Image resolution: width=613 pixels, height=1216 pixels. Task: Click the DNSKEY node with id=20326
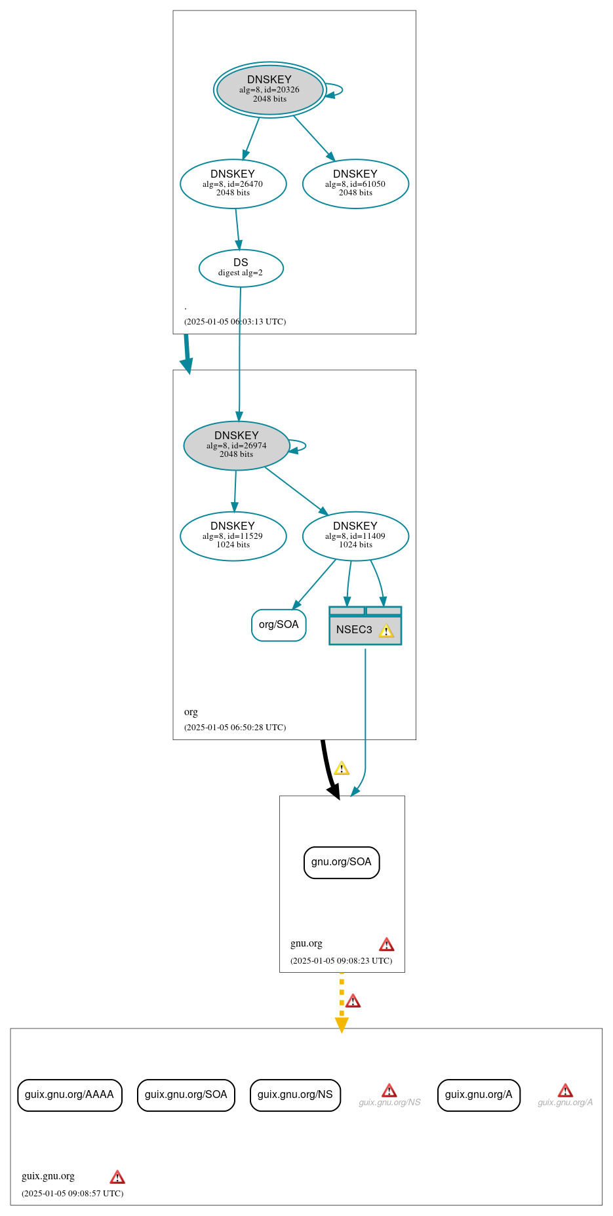(x=269, y=90)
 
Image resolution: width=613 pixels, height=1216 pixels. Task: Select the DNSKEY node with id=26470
(x=233, y=184)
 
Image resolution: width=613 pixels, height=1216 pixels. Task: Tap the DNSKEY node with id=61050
(x=355, y=184)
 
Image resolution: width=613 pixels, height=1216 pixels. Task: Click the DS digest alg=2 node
(x=241, y=268)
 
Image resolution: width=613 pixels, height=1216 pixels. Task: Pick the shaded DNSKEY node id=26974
(x=237, y=446)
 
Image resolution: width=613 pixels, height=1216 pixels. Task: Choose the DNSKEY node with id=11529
(x=233, y=536)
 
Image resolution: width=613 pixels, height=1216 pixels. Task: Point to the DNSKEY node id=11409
(x=355, y=536)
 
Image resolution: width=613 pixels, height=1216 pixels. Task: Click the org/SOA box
(x=279, y=625)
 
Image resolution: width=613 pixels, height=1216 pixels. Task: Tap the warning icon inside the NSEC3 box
(x=386, y=631)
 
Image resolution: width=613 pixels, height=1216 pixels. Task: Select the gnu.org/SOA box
(x=342, y=862)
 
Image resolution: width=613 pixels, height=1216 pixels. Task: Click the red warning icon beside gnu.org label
(x=387, y=945)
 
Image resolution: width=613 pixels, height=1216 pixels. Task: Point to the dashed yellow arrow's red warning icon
(x=353, y=1001)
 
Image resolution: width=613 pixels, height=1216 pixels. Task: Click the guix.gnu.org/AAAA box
(x=69, y=1095)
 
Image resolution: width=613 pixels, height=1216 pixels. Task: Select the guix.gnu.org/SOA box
(x=186, y=1095)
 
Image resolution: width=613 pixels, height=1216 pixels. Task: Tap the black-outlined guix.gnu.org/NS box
(x=295, y=1095)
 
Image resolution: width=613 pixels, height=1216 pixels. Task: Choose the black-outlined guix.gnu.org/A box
(x=479, y=1095)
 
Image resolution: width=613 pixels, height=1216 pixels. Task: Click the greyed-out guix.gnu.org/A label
(x=565, y=1103)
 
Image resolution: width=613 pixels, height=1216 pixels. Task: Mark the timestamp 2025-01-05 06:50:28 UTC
(x=235, y=728)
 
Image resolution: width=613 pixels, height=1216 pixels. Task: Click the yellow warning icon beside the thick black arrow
(x=342, y=768)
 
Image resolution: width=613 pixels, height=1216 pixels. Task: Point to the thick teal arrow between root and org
(x=188, y=354)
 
